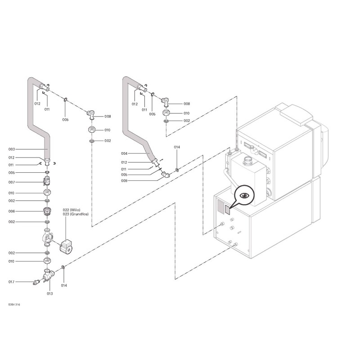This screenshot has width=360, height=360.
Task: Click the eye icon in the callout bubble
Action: (x=245, y=195)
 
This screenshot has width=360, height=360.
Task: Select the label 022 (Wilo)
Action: (x=72, y=210)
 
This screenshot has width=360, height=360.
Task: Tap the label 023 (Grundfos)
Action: (x=76, y=214)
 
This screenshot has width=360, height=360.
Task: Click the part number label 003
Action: (x=12, y=149)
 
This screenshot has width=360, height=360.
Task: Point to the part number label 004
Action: (x=124, y=153)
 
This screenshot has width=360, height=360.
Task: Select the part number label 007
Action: (x=12, y=182)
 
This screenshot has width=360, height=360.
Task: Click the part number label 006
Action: (x=12, y=211)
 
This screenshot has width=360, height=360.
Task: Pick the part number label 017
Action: (x=12, y=282)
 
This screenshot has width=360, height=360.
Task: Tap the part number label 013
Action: (x=50, y=294)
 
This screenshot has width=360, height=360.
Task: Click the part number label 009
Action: (x=124, y=181)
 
